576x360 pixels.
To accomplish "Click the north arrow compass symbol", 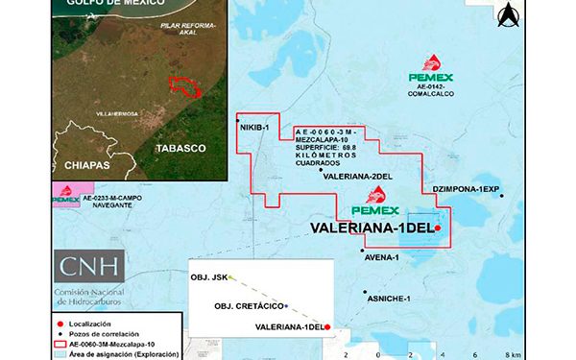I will pos(509,14).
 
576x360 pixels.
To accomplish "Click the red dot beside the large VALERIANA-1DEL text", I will pos(437,228).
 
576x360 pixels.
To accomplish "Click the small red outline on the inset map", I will pos(185,86).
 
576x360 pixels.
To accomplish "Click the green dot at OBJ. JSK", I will pos(232,277).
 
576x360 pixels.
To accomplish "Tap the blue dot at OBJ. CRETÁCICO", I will pos(286,306).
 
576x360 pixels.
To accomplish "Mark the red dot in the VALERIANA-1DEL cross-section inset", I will pos(327,328).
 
